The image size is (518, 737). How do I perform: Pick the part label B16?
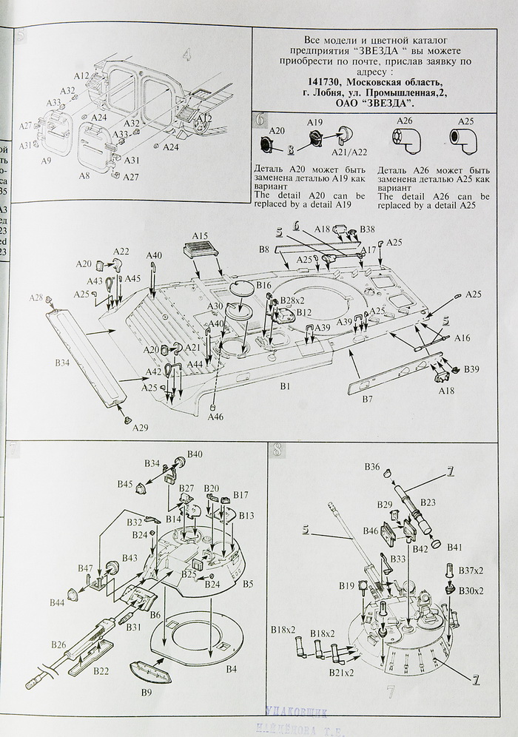tap(264, 284)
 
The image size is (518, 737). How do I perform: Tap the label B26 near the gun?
tap(59, 645)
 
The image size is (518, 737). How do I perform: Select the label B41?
tap(454, 547)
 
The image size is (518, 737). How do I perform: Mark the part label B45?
tap(124, 485)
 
